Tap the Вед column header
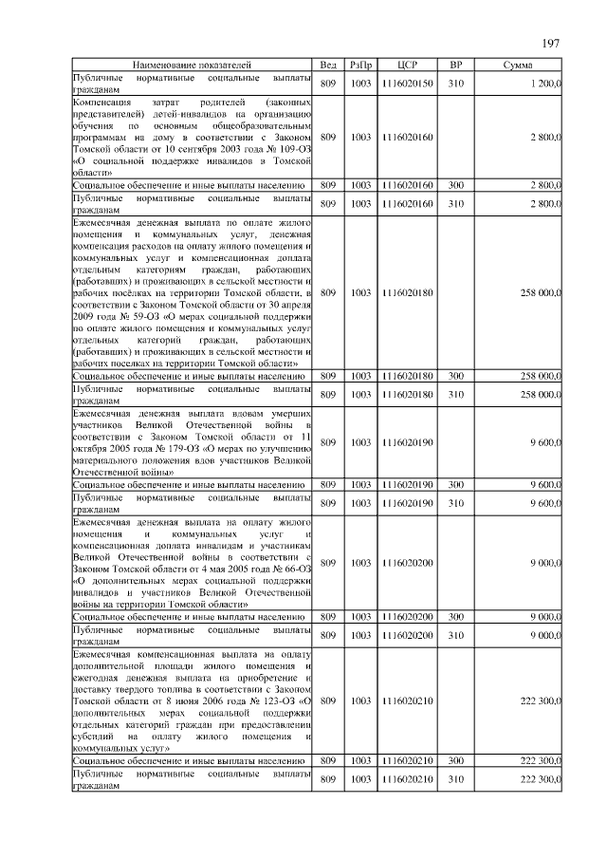coord(328,65)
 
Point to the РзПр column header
coord(360,65)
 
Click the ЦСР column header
coord(407,65)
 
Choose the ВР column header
coord(455,65)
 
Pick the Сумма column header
coord(518,65)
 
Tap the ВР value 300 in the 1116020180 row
coord(455,376)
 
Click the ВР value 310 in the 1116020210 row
coord(455,778)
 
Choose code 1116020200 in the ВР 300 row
coord(407,617)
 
